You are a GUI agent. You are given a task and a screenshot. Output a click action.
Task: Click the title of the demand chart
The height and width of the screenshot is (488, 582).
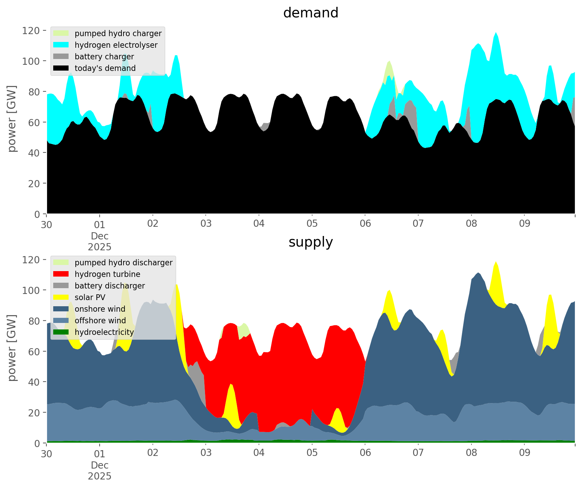[310, 13]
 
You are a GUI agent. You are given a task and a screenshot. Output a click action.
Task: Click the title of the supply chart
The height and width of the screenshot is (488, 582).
[310, 242]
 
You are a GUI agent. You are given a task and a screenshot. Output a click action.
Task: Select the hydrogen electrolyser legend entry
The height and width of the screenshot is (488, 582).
[116, 45]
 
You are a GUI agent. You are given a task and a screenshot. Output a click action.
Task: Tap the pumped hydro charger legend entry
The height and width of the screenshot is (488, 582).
[118, 33]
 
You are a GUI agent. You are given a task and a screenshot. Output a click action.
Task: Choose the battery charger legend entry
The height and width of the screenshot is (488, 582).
[104, 57]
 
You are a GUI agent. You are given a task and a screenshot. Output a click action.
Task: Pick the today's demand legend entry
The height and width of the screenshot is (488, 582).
[105, 68]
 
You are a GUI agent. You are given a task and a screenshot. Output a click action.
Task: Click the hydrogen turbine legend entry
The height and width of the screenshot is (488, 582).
[107, 274]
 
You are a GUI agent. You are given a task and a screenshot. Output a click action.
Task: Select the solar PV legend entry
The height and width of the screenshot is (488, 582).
[90, 297]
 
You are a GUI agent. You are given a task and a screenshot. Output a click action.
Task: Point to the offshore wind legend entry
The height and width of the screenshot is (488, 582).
[100, 321]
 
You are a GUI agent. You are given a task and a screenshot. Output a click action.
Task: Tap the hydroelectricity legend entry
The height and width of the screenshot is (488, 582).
[104, 332]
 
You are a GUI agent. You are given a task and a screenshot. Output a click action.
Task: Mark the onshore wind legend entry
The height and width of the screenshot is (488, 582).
[100, 309]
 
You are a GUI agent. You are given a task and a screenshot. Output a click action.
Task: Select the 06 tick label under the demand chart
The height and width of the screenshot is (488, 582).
[365, 224]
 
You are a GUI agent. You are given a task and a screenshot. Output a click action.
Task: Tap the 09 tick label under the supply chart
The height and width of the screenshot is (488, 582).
[524, 453]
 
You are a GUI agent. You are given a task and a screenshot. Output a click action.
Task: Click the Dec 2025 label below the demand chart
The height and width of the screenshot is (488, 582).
[100, 241]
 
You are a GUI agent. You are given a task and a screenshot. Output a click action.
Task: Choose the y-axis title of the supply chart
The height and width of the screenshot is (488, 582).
[12, 348]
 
